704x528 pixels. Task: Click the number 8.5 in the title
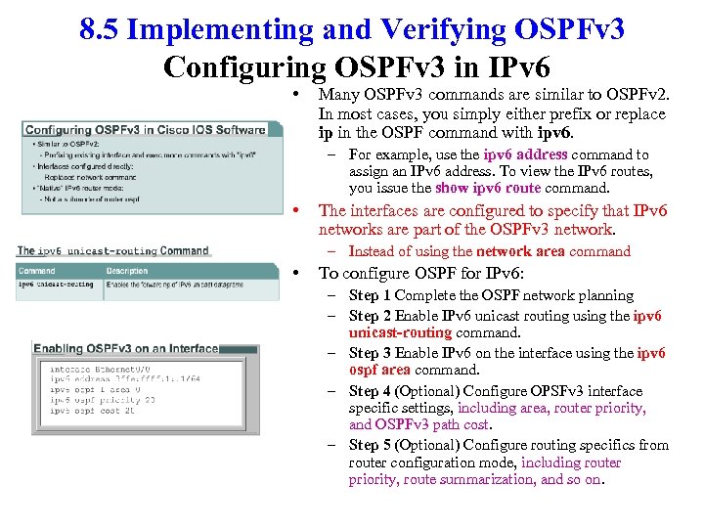coord(101,29)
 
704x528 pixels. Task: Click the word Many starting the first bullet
coord(339,96)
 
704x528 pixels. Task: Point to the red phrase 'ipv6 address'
coord(527,154)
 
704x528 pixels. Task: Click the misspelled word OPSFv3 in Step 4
coord(558,391)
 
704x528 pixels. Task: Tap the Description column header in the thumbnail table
coord(127,271)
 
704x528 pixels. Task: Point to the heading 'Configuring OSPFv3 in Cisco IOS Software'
coord(145,130)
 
